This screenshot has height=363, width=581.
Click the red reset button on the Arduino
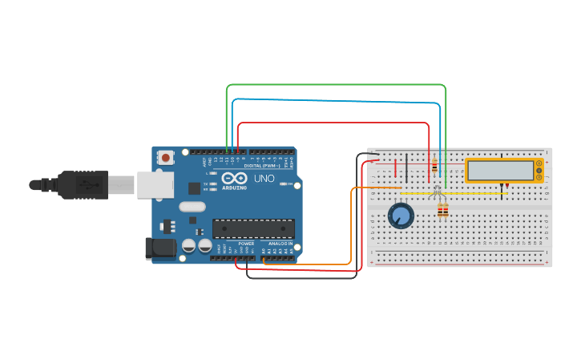pos(166,157)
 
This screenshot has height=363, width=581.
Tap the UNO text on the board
pos(264,178)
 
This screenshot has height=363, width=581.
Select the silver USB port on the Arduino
pos(155,184)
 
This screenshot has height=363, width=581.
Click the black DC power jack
pos(159,248)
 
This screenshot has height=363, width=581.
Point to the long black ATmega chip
pos(253,228)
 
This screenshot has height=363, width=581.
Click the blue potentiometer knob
pos(401,215)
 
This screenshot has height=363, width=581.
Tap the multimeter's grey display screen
pos(500,171)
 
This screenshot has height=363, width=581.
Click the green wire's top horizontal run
pos(337,84)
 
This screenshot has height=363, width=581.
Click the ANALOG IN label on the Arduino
pos(280,243)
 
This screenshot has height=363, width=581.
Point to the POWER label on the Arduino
pos(246,243)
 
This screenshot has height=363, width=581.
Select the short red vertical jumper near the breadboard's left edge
pos(395,168)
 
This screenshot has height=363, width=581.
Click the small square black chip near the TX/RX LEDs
pos(195,188)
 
